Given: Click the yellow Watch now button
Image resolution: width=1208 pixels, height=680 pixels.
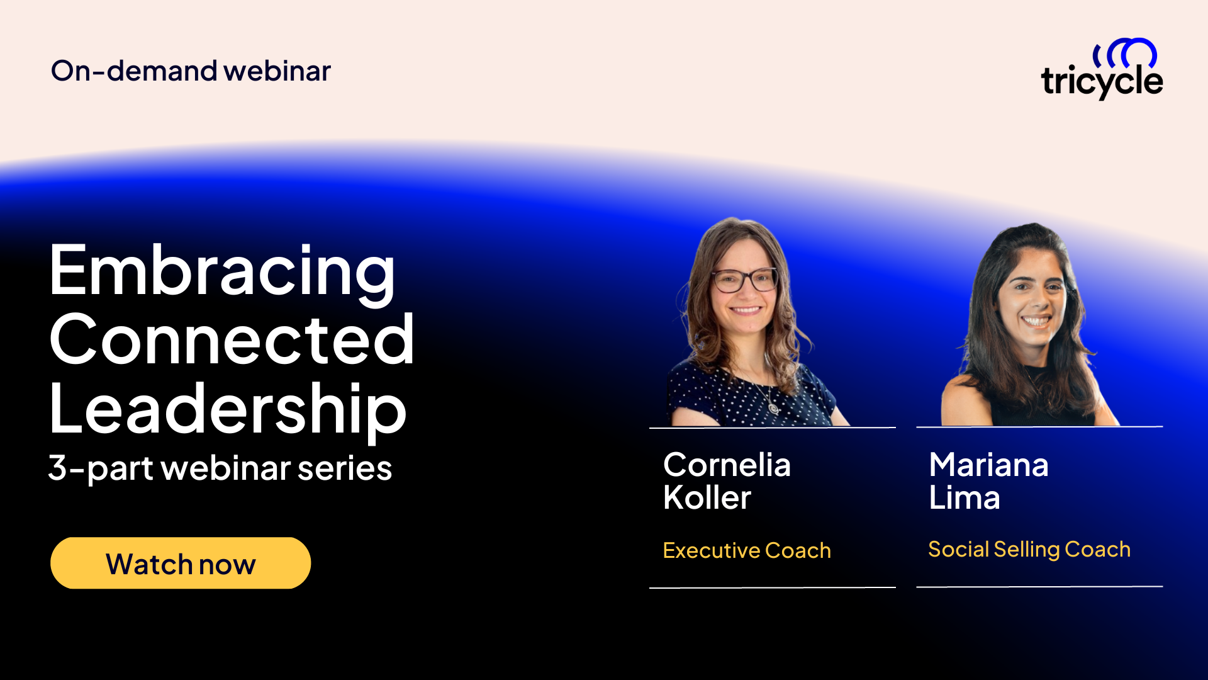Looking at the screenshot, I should (181, 563).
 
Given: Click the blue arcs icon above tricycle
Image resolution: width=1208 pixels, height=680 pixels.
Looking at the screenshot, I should (1126, 53).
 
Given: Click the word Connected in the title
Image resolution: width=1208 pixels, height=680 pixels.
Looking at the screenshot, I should (232, 340).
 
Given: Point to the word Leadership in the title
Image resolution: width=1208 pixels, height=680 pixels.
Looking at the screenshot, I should (228, 409).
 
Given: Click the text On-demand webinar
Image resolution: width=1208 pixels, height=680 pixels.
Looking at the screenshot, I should (191, 71).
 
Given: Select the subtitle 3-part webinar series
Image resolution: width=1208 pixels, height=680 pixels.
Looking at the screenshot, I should (220, 468).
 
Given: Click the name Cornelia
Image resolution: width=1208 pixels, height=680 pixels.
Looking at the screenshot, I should (727, 465).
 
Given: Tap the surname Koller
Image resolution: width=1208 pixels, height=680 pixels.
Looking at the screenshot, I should (707, 498).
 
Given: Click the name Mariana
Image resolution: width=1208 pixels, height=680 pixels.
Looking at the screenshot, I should (988, 465).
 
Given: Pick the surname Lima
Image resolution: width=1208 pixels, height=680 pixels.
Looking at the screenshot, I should (965, 498).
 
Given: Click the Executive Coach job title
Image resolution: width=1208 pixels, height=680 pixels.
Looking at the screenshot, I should (747, 550).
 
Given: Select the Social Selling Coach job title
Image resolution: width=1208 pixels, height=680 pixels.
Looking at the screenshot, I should (1029, 549).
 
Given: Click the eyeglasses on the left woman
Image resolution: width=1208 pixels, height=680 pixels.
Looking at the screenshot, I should (745, 280).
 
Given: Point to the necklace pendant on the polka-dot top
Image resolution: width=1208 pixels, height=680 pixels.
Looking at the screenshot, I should (773, 408).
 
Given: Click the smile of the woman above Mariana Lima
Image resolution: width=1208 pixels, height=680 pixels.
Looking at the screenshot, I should (1036, 320).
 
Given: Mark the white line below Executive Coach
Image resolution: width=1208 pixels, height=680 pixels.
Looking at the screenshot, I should (772, 587).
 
